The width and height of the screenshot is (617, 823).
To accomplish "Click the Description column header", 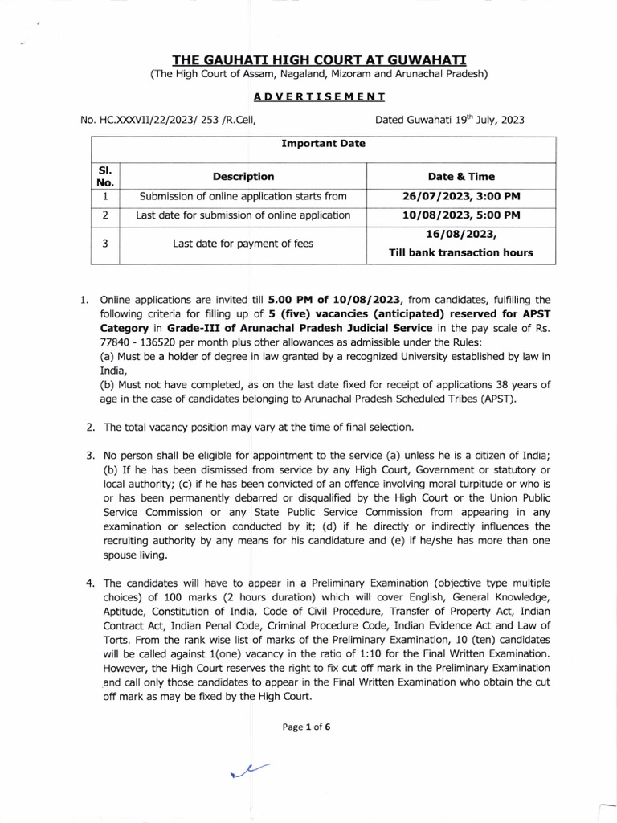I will pyautogui.click(x=243, y=176).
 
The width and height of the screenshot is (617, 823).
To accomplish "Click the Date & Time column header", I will pyautogui.click(x=461, y=176).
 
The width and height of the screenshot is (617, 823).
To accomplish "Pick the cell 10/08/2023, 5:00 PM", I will pyautogui.click(x=461, y=215).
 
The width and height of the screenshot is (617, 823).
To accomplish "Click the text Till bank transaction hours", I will pyautogui.click(x=461, y=252).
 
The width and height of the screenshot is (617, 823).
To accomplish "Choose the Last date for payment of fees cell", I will pyautogui.click(x=243, y=243).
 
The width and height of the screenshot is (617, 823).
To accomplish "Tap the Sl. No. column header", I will pyautogui.click(x=105, y=176).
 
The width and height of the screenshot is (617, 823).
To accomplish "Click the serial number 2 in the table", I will pyautogui.click(x=105, y=215).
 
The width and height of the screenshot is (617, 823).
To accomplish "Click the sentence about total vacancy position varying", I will pyautogui.click(x=257, y=426).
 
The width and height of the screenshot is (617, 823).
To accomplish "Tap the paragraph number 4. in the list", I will pyautogui.click(x=91, y=583).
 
